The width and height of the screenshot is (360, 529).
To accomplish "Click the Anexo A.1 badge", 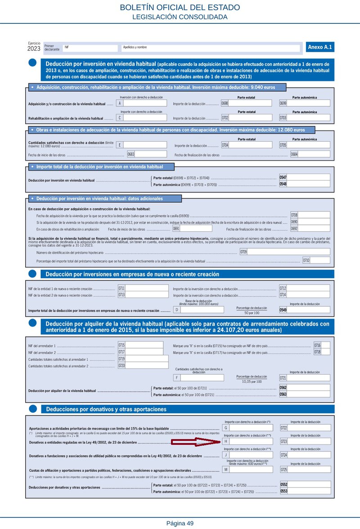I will tap(320, 47).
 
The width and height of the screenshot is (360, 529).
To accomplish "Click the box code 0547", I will tap(283, 177).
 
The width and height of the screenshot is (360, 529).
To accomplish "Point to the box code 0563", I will tap(283, 394).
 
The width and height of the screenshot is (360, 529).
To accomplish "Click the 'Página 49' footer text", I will tap(180, 523).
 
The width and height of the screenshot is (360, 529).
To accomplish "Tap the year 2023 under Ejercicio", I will tap(34, 49).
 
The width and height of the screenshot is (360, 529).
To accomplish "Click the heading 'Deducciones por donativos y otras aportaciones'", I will tap(106, 409).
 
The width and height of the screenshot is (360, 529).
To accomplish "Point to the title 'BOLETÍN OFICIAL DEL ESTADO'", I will tap(180, 8).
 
